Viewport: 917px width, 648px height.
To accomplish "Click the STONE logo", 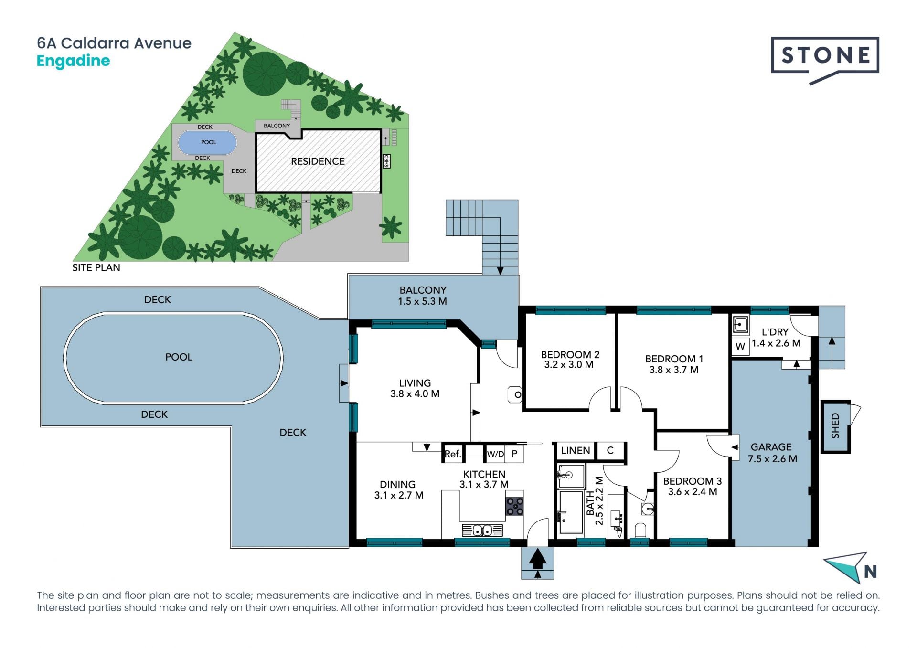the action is tap(825, 60).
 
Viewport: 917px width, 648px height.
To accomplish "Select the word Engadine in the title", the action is tap(73, 61).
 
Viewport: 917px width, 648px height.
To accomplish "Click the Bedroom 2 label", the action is tap(570, 360).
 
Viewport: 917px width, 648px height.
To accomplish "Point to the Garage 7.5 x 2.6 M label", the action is tap(772, 453).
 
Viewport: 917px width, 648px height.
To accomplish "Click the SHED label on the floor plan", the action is tap(835, 426).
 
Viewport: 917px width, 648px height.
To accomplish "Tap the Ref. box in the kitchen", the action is tap(453, 454).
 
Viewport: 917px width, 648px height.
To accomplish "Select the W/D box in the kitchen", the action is tap(495, 454).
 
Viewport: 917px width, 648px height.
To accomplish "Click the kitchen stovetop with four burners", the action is tap(515, 507).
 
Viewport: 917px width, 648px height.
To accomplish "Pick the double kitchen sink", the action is tap(482, 530).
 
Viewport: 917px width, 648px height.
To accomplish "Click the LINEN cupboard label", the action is tap(576, 450).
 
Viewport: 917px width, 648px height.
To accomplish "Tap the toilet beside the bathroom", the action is tap(640, 530).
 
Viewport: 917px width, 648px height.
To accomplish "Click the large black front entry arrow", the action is tap(538, 559).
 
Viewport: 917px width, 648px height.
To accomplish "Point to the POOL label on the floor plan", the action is tap(179, 357).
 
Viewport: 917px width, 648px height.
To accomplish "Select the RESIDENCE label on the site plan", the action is tap(318, 161).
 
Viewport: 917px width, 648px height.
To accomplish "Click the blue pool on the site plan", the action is tap(207, 142).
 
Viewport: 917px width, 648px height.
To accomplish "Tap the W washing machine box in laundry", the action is tap(740, 346).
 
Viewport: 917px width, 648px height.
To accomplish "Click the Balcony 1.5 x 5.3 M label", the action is tap(423, 296).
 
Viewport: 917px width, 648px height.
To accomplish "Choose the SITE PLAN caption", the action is tap(96, 268).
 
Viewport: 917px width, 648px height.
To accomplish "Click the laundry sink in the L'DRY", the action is tap(740, 325).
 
